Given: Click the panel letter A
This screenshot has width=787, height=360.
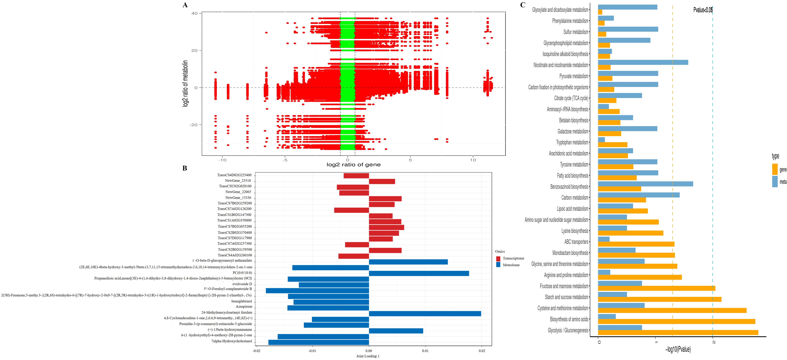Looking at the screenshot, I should click(x=185, y=5).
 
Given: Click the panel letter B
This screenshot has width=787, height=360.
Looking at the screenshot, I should click(x=185, y=168).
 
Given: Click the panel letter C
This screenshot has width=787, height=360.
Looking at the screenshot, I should click(x=523, y=5).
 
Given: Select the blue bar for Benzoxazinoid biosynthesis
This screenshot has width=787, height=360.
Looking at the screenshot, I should click(x=645, y=184).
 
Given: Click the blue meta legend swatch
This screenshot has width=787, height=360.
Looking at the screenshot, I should click(x=775, y=181).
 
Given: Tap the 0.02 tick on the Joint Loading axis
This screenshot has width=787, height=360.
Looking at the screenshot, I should click(x=482, y=351).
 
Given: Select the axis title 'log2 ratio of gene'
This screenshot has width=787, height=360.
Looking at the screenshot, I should click(x=353, y=165).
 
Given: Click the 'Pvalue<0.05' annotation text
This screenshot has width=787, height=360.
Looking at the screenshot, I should click(x=703, y=10).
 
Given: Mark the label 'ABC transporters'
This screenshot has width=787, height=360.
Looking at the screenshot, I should click(x=576, y=242).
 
